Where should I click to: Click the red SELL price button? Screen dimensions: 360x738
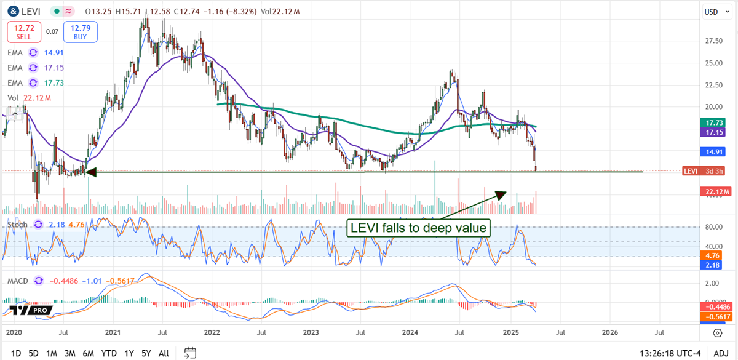pyautogui.click(x=24, y=31)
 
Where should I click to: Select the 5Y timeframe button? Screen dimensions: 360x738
pyautogui.click(x=146, y=353)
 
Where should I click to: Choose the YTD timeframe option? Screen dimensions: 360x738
pyautogui.click(x=109, y=353)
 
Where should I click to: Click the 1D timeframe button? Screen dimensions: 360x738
pyautogui.click(x=16, y=353)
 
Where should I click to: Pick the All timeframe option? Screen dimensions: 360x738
pyautogui.click(x=164, y=353)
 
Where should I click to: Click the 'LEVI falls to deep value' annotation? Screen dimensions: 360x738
pyautogui.click(x=419, y=228)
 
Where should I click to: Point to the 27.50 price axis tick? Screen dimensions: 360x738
pyautogui.click(x=712, y=41)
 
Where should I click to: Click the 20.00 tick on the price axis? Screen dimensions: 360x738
pyautogui.click(x=712, y=106)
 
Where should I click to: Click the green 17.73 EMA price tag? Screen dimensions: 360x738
pyautogui.click(x=714, y=123)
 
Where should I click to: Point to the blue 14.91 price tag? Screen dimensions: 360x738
pyautogui.click(x=714, y=150)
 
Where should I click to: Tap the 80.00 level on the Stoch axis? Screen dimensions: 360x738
pyautogui.click(x=712, y=227)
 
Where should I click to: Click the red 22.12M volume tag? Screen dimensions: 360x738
pyautogui.click(x=714, y=191)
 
